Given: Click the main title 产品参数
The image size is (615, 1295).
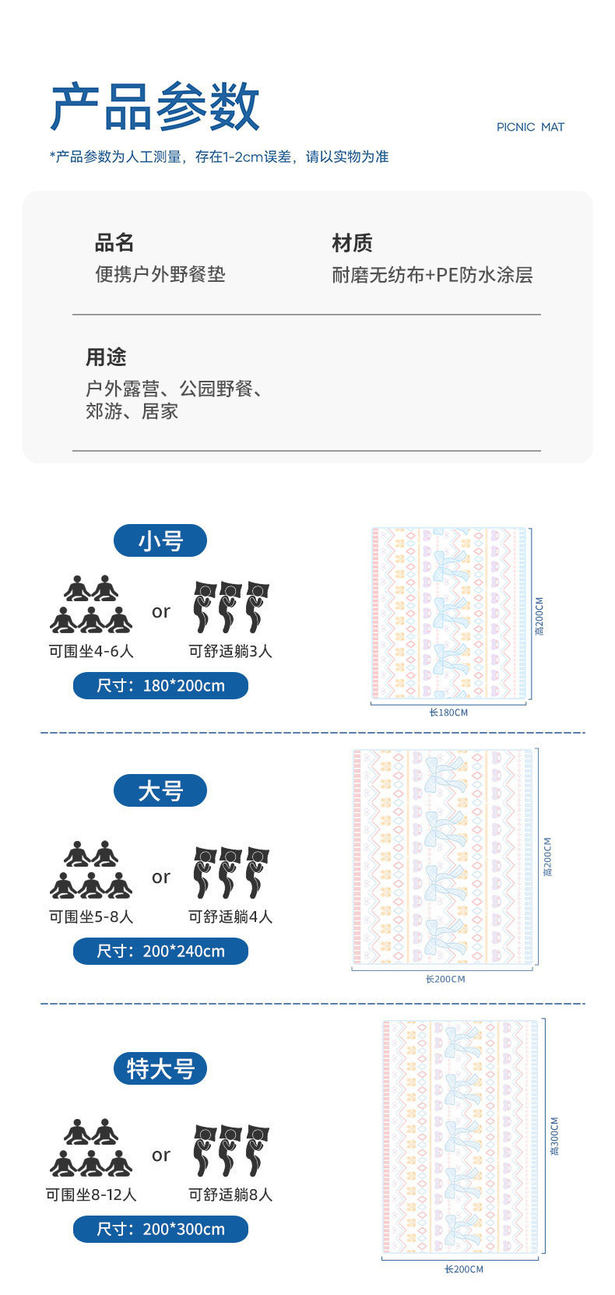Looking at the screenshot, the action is [154, 107].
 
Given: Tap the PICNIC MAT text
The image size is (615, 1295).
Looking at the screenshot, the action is [530, 127].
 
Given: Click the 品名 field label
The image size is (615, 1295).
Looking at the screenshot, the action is [114, 243].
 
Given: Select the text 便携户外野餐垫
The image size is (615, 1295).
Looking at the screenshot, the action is [160, 274].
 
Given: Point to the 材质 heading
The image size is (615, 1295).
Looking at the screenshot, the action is [352, 243].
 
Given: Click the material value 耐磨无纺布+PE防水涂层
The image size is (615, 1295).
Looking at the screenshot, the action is [432, 275].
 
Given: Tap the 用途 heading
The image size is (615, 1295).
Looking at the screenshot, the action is [106, 357].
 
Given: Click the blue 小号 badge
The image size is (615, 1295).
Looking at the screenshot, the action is [160, 540].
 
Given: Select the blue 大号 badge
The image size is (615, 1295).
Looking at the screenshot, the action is [160, 791].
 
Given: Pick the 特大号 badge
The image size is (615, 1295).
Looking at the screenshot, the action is [160, 1068].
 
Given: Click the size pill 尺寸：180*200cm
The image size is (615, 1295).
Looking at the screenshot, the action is [160, 686].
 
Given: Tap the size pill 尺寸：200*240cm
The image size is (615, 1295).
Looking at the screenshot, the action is [160, 951].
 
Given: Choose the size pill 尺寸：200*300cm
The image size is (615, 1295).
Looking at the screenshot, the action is [160, 1229].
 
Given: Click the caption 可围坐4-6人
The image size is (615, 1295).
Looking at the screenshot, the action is [91, 651].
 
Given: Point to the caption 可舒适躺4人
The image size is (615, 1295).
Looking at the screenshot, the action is [230, 917].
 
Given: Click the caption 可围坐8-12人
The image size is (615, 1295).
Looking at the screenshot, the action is [91, 1195].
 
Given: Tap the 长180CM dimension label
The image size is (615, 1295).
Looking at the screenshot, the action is [448, 713].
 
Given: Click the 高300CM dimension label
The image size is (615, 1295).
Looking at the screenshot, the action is [555, 1136].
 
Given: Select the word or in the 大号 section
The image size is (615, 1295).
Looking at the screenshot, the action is [161, 878].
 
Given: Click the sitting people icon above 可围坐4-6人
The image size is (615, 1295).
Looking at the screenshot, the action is [91, 604].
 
